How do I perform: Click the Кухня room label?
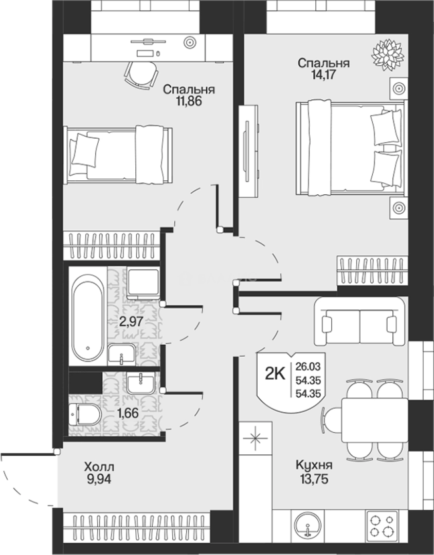(314, 465)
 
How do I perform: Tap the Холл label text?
(99, 467)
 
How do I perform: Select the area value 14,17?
(323, 75)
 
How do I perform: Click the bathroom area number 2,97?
(131, 322)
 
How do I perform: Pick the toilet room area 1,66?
(127, 413)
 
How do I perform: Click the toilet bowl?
(85, 415)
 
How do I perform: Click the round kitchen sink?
(308, 527)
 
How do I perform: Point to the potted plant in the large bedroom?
(387, 52)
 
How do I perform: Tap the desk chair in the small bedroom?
(141, 73)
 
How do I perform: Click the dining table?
(375, 420)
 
